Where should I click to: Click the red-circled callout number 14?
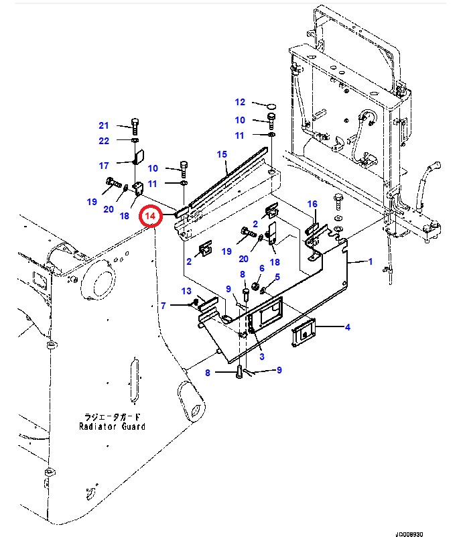pyautogui.click(x=150, y=216)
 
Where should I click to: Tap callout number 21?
pyautogui.click(x=104, y=125)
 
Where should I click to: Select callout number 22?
pyautogui.click(x=104, y=141)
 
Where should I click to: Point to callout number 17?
pyautogui.click(x=104, y=166)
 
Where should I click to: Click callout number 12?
pyautogui.click(x=240, y=102)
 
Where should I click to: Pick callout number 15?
pyautogui.click(x=222, y=154)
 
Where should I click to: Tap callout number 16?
pyautogui.click(x=312, y=204)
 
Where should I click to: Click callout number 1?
pyautogui.click(x=370, y=261)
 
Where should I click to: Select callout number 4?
pyautogui.click(x=347, y=327)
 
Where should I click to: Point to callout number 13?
pyautogui.click(x=186, y=291)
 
